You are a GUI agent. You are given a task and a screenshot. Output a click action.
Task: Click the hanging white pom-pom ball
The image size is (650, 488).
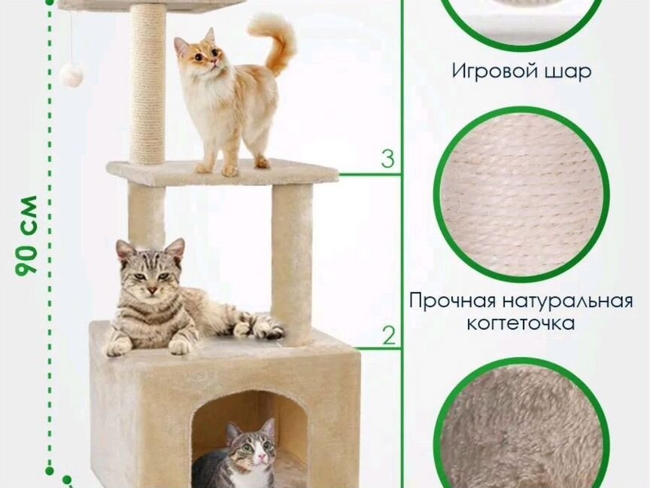[71, 74]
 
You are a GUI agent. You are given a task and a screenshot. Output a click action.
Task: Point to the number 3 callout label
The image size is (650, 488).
[387, 159]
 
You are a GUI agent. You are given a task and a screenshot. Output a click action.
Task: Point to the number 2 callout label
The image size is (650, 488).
[388, 335]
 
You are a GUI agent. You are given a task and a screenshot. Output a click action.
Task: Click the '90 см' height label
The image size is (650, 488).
[27, 235]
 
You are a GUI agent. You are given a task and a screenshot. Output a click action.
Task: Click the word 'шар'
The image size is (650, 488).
[570, 72]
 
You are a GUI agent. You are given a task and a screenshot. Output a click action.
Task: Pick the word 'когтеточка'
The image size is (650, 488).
[521, 324]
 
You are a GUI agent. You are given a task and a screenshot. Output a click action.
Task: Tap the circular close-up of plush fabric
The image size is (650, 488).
[521, 433]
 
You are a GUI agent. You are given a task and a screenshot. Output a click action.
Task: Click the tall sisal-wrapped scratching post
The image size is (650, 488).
[147, 83]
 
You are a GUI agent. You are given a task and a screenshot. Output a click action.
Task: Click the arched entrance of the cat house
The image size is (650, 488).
[248, 433]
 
